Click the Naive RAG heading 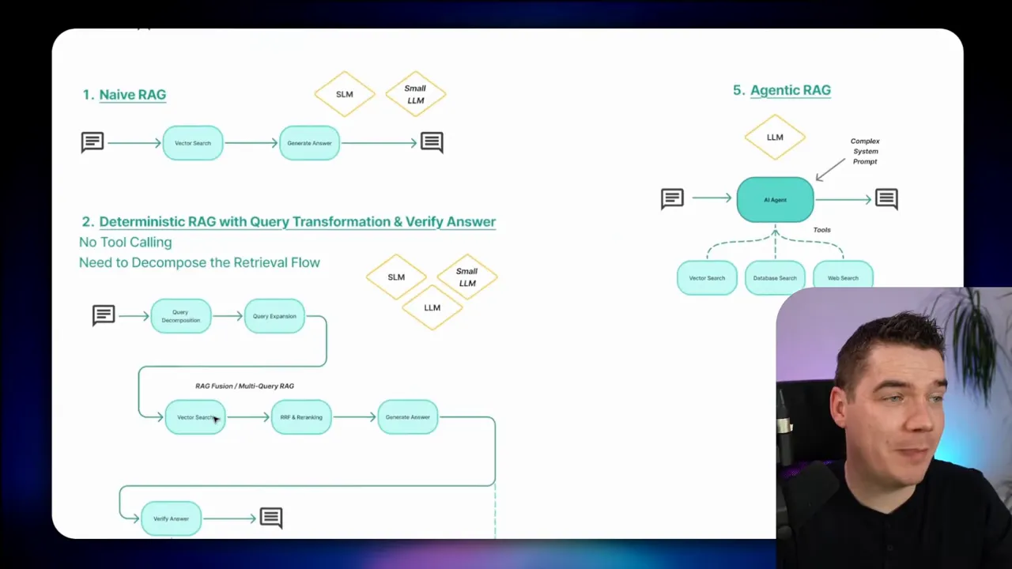tap(132, 95)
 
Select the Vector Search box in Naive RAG tap(193, 143)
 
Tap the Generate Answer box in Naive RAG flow tap(309, 143)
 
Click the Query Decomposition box tap(181, 316)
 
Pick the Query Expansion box tap(274, 316)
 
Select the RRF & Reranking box tap(301, 417)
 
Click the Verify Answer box tap(171, 518)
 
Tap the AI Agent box tap(775, 200)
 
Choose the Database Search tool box tap(775, 278)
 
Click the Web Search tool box tap(843, 278)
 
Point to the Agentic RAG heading tap(790, 90)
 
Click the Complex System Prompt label tap(865, 151)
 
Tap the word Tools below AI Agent tap(822, 230)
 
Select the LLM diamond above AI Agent tap(775, 138)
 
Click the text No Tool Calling tap(125, 243)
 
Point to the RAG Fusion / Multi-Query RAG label tap(244, 386)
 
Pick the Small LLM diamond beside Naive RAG tap(416, 95)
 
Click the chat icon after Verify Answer tap(271, 518)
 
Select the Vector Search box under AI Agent tap(707, 278)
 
